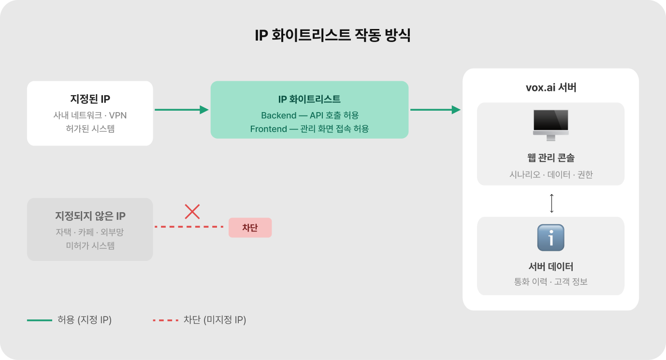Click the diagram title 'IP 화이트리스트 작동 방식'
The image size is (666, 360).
coord(333,36)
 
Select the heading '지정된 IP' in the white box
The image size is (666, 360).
coord(90,100)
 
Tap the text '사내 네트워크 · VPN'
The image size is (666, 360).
coord(90,115)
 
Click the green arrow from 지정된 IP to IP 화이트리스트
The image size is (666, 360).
coord(181,110)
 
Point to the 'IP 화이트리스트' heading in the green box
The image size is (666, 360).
coord(309,99)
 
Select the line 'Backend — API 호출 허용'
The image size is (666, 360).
coord(310,115)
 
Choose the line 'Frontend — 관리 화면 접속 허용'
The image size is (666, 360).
coord(309,129)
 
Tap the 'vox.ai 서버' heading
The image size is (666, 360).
coord(550,88)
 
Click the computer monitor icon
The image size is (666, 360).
coord(550,124)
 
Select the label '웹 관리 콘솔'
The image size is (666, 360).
coord(550,158)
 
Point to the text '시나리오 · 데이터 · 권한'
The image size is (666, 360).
coord(550,174)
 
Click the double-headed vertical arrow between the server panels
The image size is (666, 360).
coord(551,203)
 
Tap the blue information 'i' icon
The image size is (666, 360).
coord(550,237)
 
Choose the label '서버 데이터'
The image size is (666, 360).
coord(550,266)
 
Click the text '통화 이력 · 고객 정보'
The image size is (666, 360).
coord(550,282)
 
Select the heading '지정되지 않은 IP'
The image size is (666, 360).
coord(90,216)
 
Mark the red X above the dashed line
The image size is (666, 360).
coord(192,211)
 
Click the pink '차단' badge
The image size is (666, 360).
coord(250,228)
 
